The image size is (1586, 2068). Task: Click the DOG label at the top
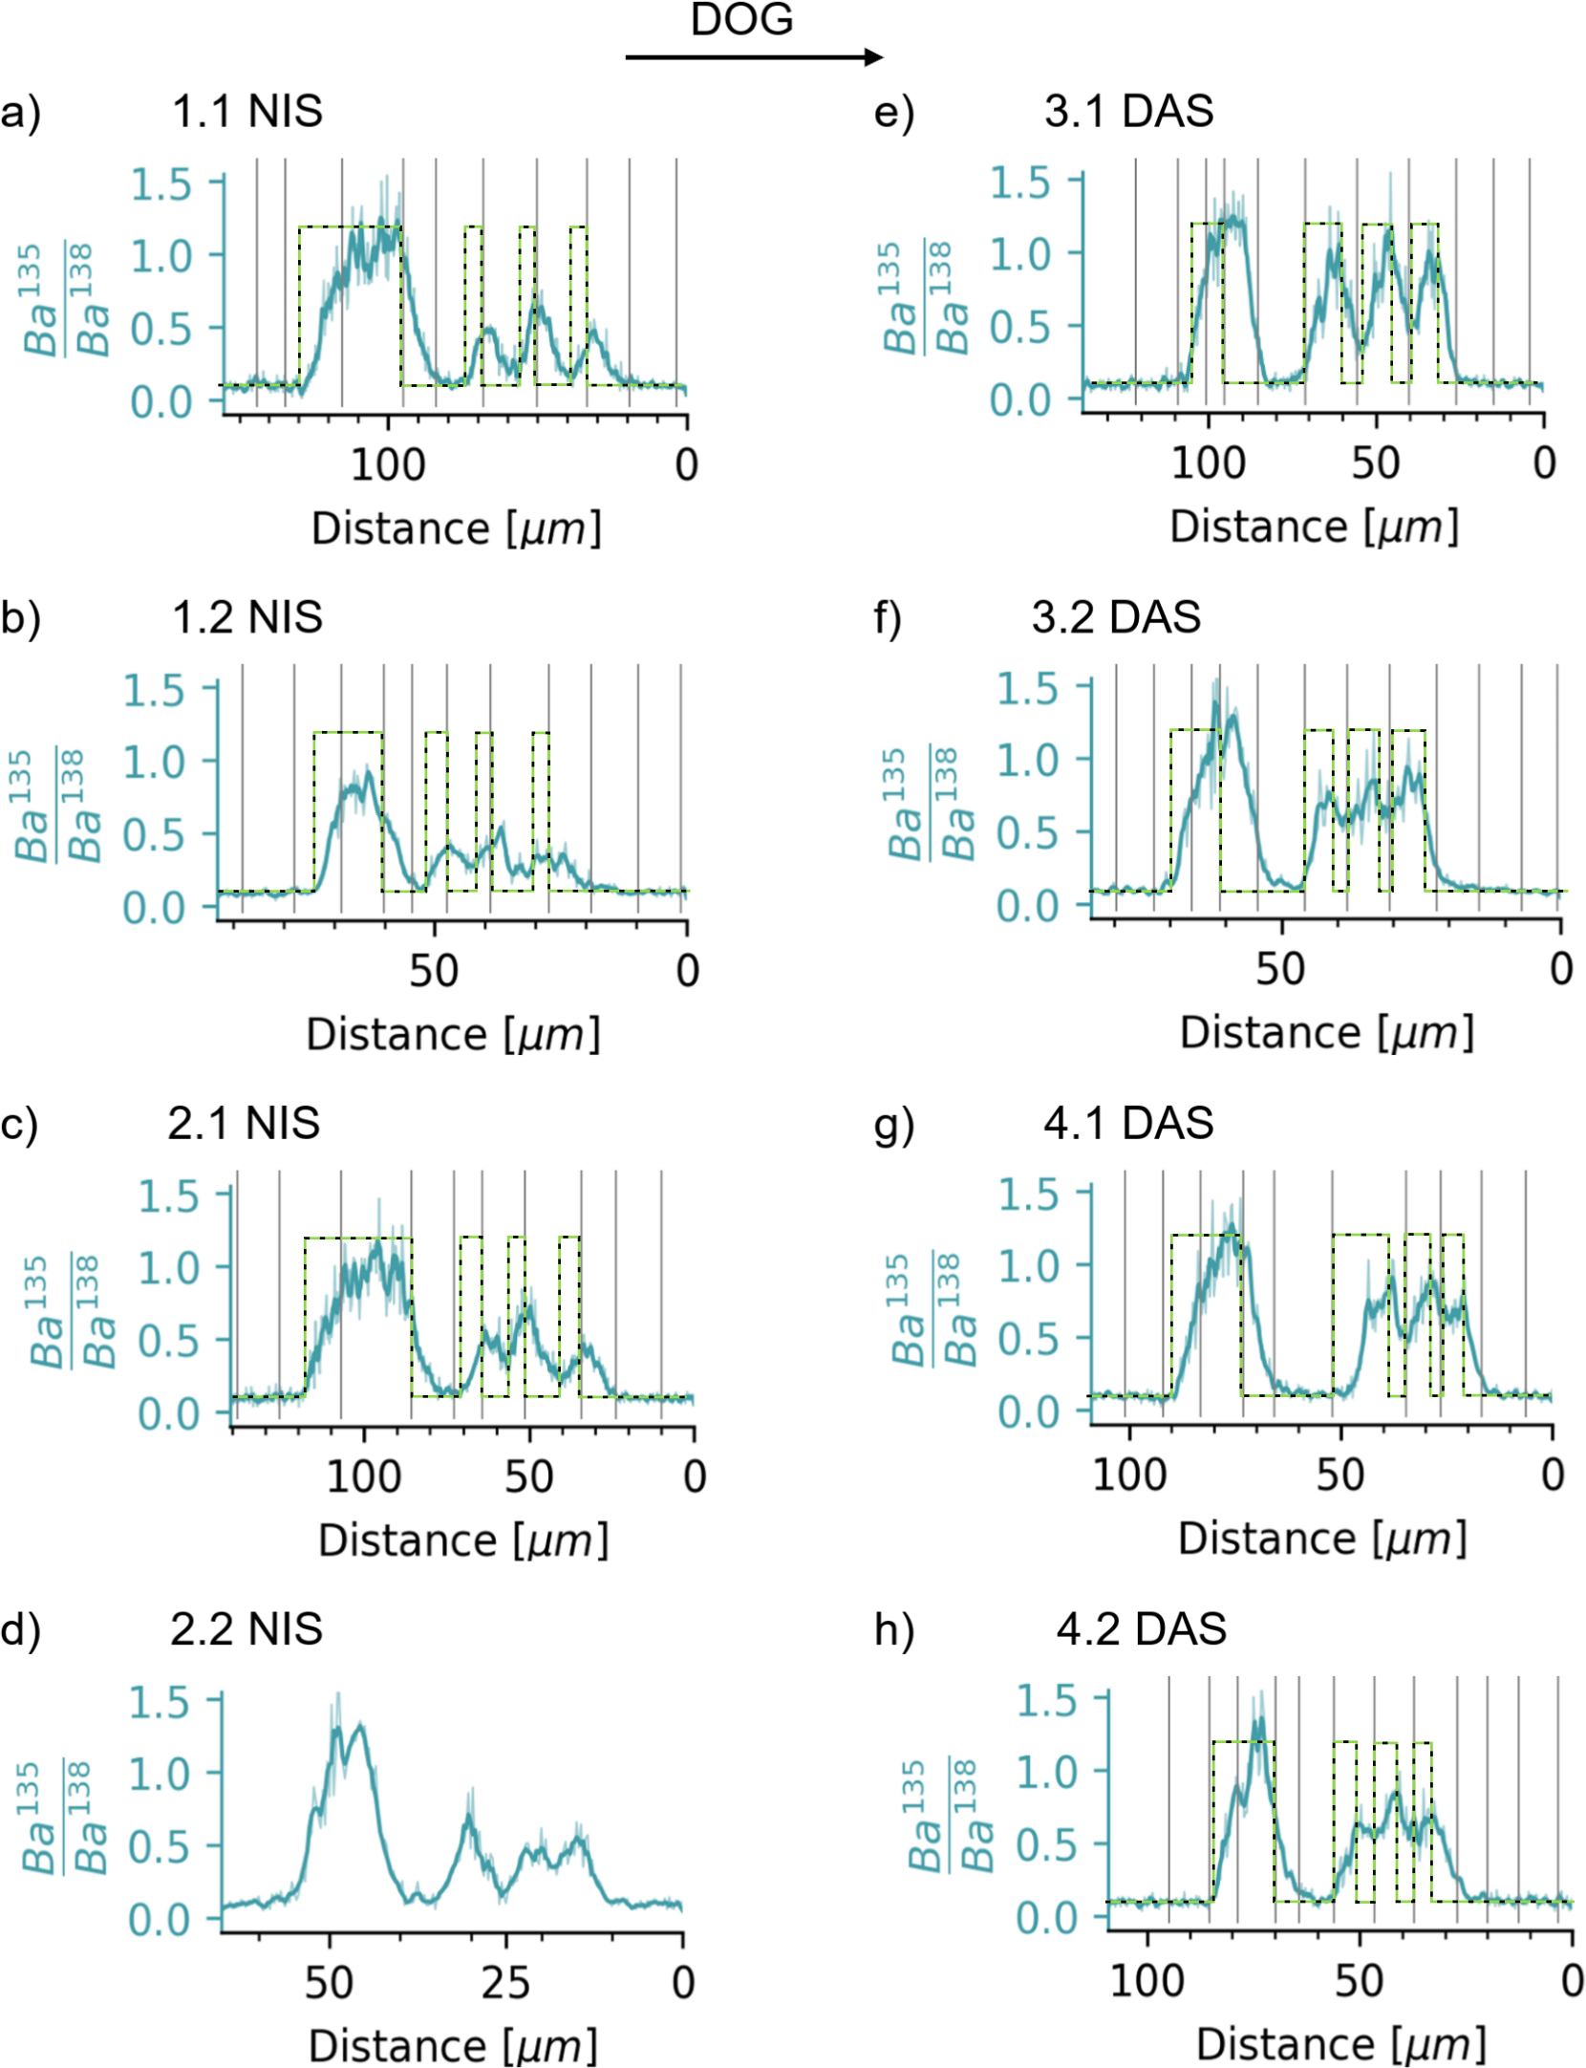point(741,19)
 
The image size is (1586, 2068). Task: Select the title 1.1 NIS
point(246,112)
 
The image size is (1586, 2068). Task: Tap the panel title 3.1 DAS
point(1128,112)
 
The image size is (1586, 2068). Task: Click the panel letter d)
point(21,1628)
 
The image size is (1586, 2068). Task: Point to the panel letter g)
point(894,1124)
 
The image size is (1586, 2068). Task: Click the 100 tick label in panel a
point(387,465)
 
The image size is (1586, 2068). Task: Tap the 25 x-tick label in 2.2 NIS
point(505,1983)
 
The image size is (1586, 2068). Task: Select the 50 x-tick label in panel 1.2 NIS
point(434,971)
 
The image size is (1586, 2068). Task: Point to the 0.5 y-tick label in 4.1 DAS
point(1028,1340)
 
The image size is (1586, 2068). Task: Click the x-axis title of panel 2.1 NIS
point(462,1540)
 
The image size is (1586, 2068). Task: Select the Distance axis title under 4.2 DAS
point(1340,2044)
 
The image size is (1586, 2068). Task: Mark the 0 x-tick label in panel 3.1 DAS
point(1544,463)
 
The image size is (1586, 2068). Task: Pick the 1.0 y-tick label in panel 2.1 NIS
point(168,1268)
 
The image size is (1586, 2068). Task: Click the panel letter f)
point(888,618)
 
